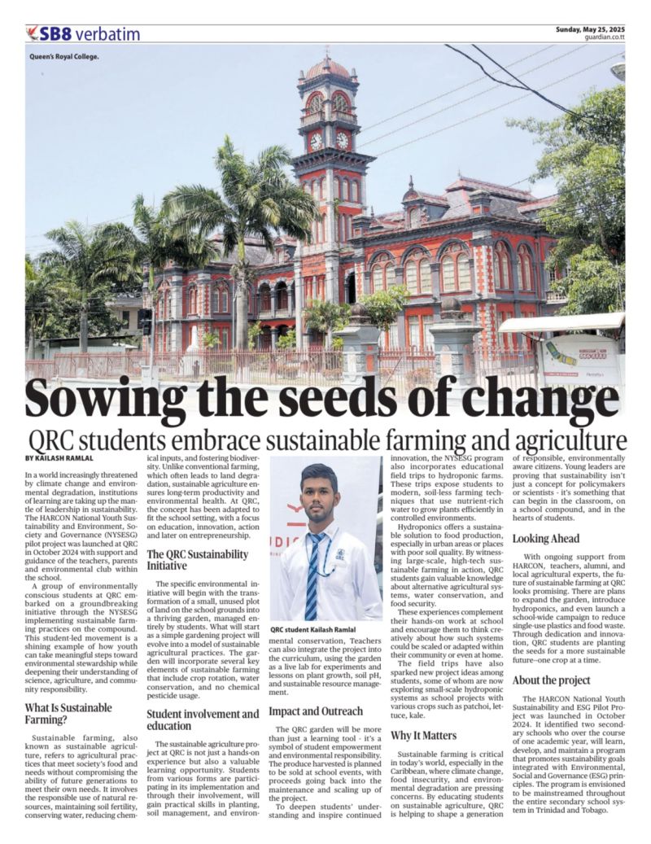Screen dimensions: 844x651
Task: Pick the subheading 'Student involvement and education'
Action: [203, 719]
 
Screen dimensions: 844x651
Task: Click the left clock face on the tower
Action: [317, 141]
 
